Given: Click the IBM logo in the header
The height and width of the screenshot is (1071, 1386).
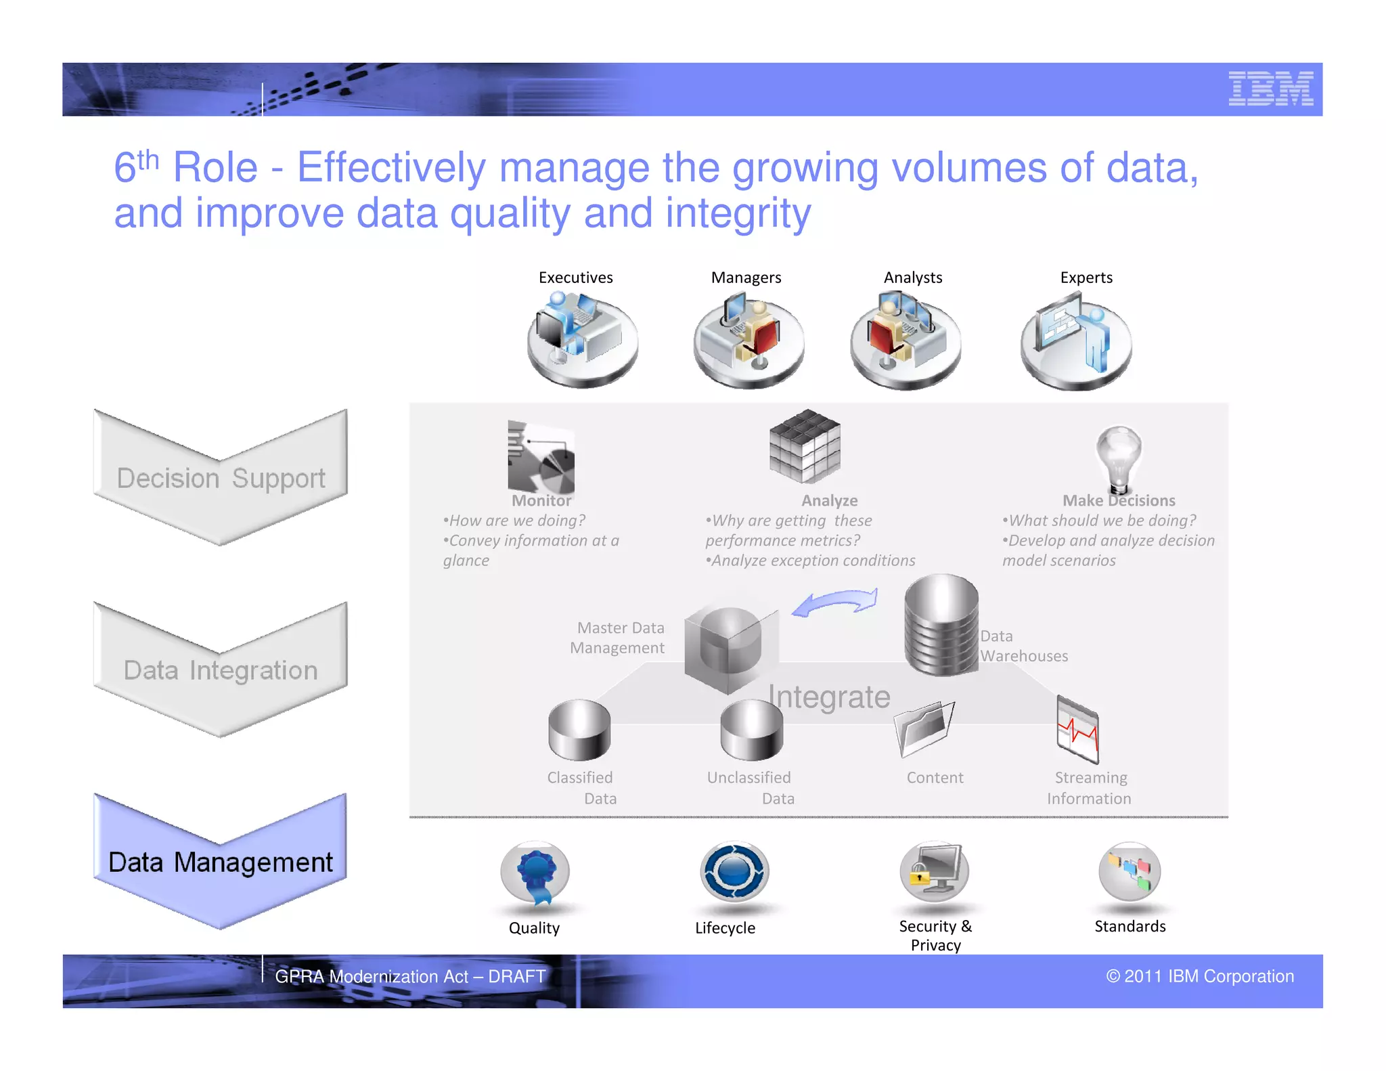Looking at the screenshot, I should [1270, 89].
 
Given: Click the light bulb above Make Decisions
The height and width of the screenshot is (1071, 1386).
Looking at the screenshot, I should [1119, 457].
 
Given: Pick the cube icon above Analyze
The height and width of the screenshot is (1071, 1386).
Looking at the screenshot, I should [805, 446].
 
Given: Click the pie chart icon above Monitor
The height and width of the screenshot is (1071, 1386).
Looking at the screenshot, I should [541, 458].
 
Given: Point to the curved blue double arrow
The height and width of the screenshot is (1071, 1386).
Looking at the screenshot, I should [835, 602].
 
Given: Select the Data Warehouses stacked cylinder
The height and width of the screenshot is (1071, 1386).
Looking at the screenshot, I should [941, 625].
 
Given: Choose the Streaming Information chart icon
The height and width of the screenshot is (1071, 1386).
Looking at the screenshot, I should [1077, 730].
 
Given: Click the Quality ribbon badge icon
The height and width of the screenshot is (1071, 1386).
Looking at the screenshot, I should [535, 873].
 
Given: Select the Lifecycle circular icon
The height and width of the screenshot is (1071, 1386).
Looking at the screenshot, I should [734, 873].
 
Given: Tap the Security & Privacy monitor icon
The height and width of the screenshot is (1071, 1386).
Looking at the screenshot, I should [935, 872].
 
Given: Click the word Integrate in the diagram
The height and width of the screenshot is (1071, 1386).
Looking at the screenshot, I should [829, 697].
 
